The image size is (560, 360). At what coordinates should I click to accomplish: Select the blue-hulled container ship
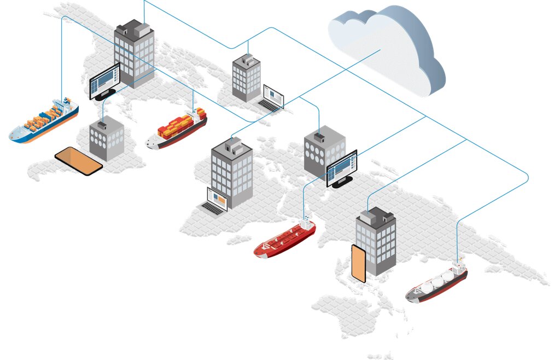click(44, 121)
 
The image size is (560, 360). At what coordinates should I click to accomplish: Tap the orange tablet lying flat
click(79, 160)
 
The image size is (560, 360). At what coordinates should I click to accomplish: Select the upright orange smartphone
click(358, 264)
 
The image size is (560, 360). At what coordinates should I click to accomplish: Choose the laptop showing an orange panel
click(217, 200)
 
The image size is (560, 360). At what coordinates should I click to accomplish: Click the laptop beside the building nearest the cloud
click(272, 97)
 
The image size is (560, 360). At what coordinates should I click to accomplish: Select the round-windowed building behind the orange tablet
click(107, 138)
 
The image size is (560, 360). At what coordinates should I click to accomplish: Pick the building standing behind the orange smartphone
click(376, 241)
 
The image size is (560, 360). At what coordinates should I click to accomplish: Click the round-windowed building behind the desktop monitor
click(324, 150)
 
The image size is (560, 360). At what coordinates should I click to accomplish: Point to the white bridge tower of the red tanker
click(306, 223)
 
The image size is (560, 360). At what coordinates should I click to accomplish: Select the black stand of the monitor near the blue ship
click(106, 94)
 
